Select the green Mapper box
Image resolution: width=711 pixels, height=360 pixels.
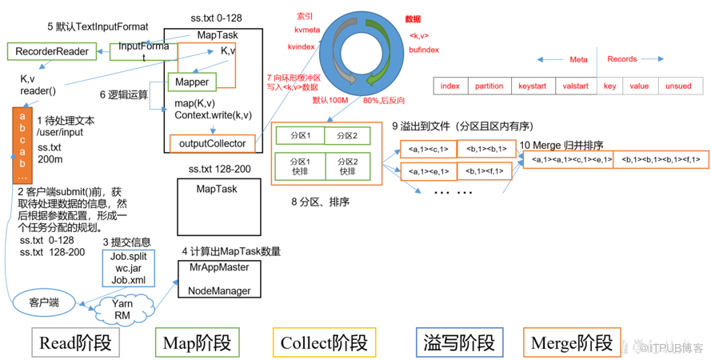pos(191,82)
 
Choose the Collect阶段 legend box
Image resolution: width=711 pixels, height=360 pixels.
pos(324,343)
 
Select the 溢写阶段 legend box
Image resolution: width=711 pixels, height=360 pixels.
pos(459,343)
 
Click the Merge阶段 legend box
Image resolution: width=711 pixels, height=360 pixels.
pos(569,343)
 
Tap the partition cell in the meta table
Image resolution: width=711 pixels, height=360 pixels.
pos(489,86)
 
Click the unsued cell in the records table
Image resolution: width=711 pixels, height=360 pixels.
pos(678,86)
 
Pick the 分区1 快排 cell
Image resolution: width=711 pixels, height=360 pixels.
pos(298,166)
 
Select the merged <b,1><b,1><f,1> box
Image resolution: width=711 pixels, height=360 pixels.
pos(660,159)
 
